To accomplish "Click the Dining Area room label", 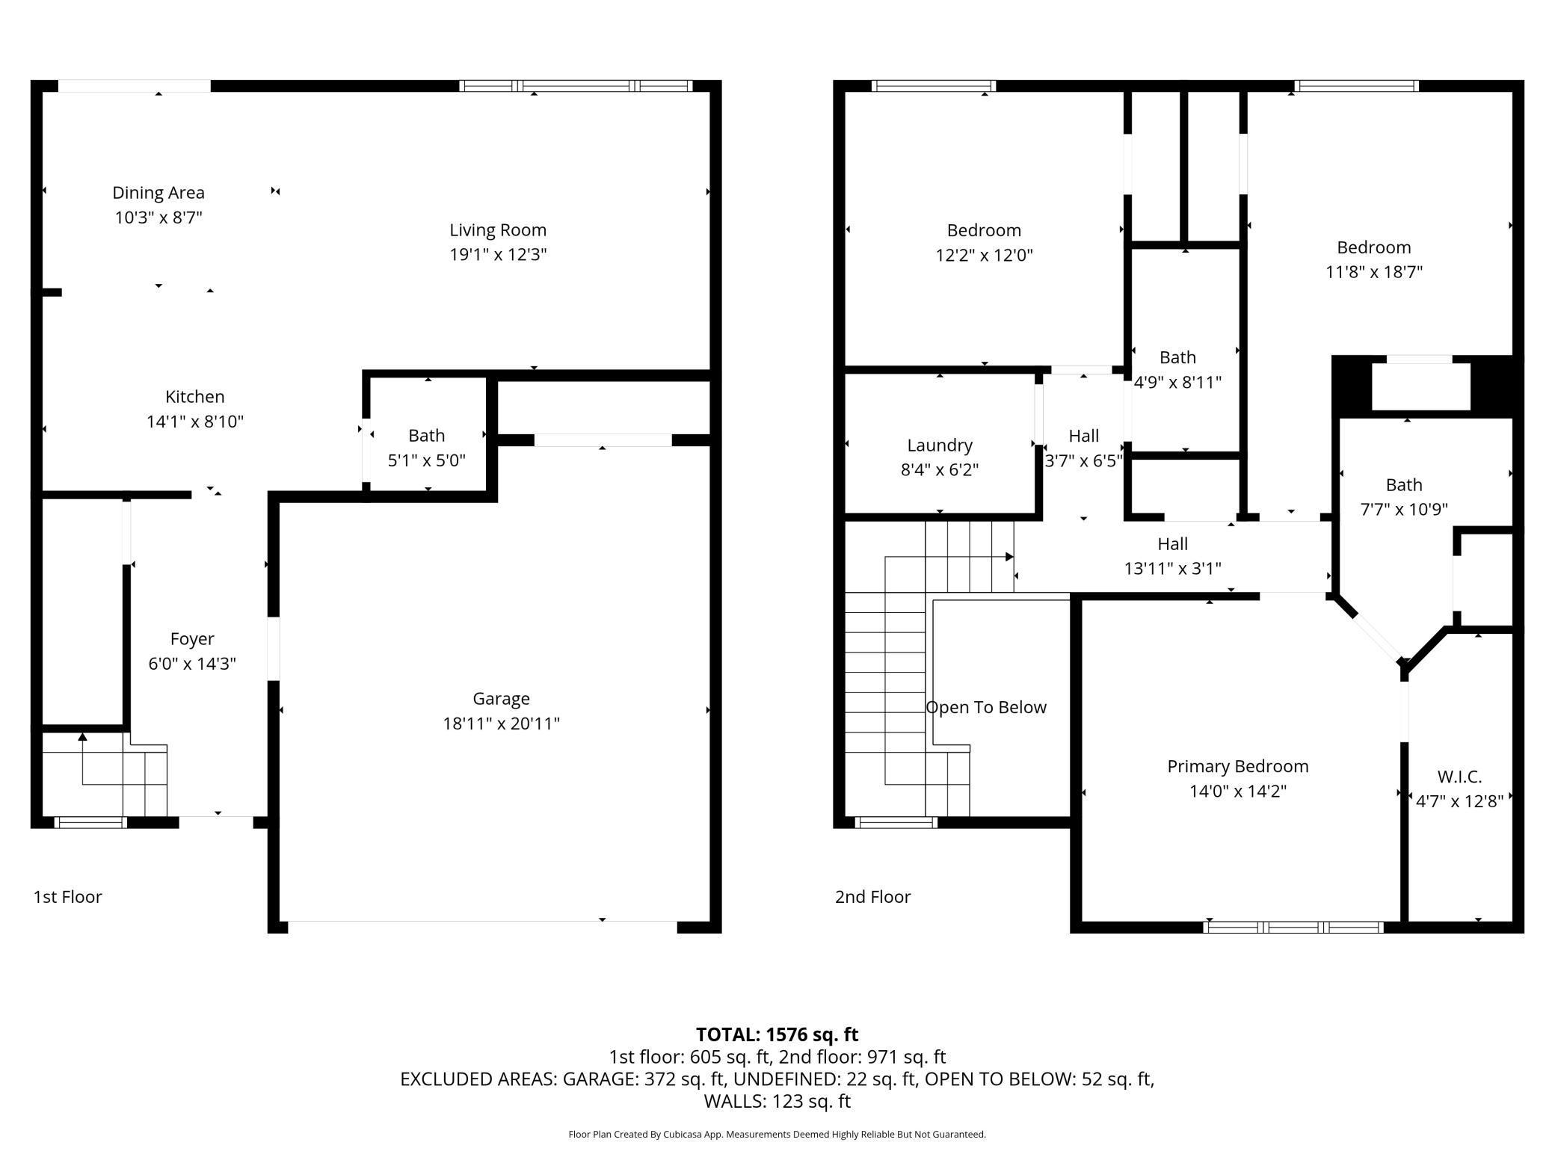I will (x=158, y=193).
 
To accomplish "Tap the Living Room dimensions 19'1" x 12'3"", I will (x=498, y=255).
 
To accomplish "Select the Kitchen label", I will (x=194, y=397).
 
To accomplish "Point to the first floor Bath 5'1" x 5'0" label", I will (x=426, y=436).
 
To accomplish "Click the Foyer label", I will (x=192, y=639).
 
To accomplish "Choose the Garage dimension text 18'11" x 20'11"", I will (x=501, y=724).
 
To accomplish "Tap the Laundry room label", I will (x=940, y=445).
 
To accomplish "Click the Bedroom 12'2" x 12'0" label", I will (x=984, y=230).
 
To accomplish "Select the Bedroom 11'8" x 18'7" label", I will (x=1373, y=247).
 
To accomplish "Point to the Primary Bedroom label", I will (x=1237, y=767).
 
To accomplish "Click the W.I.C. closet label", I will (x=1459, y=777).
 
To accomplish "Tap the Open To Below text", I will (x=985, y=708).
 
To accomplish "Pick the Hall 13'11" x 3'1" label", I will (x=1172, y=544).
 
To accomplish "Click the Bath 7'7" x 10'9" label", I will (x=1403, y=485).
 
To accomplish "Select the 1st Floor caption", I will (x=67, y=897).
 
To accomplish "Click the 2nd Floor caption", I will (x=872, y=897).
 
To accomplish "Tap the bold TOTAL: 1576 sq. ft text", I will (x=777, y=1034).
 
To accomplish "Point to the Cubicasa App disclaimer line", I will (x=777, y=1135).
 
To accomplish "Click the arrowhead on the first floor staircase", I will (x=82, y=737).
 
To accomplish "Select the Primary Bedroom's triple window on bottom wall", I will (x=1293, y=928).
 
